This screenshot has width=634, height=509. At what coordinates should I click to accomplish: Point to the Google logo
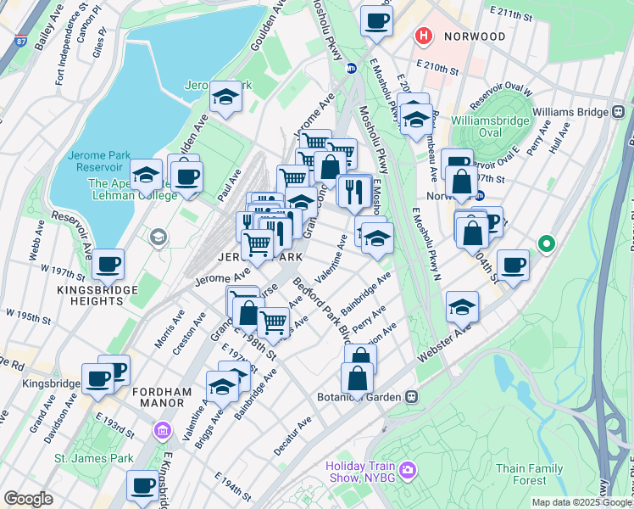(x=28, y=498)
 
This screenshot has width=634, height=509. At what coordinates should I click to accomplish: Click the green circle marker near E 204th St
(x=547, y=245)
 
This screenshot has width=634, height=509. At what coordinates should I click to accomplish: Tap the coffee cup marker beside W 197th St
(x=108, y=264)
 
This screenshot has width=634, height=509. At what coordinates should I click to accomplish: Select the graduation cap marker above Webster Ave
(x=462, y=307)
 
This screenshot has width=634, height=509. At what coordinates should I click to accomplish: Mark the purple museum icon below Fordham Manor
(x=161, y=433)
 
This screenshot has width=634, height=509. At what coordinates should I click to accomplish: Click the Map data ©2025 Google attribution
(x=581, y=502)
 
